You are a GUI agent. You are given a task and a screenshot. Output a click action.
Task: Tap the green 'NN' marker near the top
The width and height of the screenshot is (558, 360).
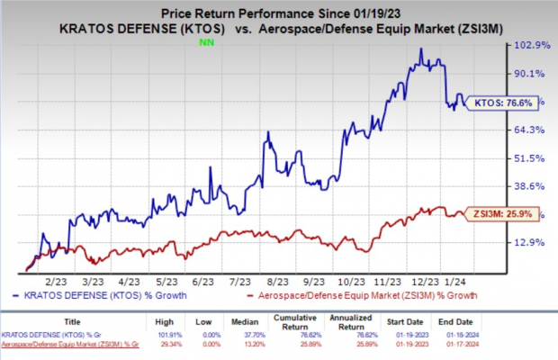click(x=205, y=40)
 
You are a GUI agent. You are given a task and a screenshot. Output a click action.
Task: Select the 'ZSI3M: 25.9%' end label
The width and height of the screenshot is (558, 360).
click(x=500, y=215)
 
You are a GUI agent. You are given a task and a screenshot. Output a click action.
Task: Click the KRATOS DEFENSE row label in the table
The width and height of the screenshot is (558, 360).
click(x=54, y=335)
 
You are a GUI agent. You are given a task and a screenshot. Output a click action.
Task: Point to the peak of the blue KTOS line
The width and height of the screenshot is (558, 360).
click(x=421, y=49)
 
